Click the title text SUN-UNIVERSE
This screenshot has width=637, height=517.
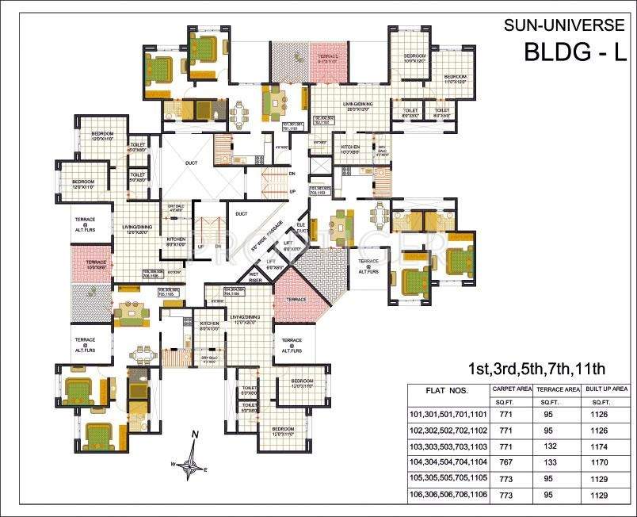(x=565, y=25)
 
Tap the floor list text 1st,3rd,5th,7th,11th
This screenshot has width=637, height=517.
(x=536, y=369)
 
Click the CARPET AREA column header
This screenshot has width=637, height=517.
(x=512, y=389)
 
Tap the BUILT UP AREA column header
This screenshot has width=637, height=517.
(x=606, y=389)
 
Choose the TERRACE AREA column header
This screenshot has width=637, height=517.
(x=559, y=389)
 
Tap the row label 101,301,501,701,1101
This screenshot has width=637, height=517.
(x=448, y=414)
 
